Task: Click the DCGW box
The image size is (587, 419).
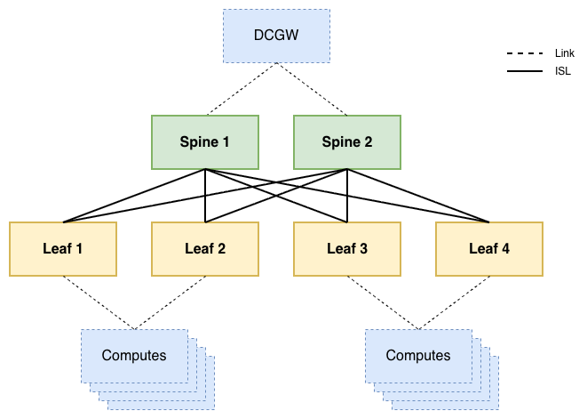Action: point(277,36)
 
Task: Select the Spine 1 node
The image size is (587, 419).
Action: point(205,142)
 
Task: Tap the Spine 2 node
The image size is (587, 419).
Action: point(347,142)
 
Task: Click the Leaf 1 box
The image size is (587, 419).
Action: point(63,249)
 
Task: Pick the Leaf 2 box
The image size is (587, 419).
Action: point(205,249)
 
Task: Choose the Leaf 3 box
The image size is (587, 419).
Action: point(347,249)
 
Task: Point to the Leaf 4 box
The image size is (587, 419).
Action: point(489,249)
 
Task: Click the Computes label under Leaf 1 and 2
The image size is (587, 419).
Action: point(134,356)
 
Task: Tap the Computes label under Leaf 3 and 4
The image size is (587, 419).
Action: point(418,356)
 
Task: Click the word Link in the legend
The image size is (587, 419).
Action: point(565,53)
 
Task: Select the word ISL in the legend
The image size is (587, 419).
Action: point(563,71)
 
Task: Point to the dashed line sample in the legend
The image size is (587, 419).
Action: point(525,53)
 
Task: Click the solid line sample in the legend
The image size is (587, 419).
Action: point(525,71)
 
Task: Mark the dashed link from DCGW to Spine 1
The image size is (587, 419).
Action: point(242,89)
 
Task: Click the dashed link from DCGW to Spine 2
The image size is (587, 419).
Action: point(312,89)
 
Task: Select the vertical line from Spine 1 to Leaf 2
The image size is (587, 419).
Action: point(205,196)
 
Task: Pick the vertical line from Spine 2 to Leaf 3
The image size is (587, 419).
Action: point(347,196)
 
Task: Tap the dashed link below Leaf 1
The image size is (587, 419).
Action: point(99,302)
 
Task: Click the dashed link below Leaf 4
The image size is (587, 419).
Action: point(454,302)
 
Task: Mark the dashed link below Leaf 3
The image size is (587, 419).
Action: point(383,302)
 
